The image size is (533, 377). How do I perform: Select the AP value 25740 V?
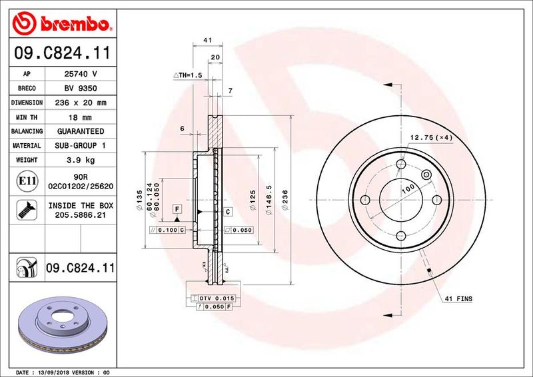click(81, 75)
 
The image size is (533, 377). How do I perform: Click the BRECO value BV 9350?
click(81, 89)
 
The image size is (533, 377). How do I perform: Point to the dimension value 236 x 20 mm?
click(81, 103)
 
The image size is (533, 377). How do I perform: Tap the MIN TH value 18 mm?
click(81, 117)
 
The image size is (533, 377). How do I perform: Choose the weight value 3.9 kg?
click(81, 160)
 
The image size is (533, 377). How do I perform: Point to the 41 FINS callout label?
click(458, 300)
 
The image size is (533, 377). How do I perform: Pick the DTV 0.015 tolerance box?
click(217, 298)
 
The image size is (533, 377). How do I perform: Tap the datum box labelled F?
click(177, 208)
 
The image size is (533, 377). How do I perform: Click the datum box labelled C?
click(228, 212)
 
